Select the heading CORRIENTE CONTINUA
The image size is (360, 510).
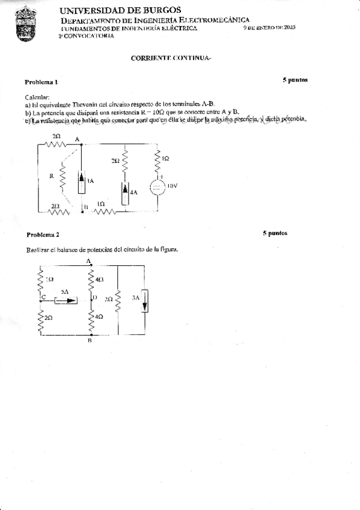[x=171, y=58]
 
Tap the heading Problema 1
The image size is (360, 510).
[x=41, y=81]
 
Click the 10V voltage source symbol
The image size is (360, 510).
[x=157, y=186]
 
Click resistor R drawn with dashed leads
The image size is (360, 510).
[x=62, y=176]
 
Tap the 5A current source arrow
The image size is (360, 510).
[x=66, y=301]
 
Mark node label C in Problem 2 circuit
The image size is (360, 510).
[x=37, y=296]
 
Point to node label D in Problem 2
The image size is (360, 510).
[x=94, y=297]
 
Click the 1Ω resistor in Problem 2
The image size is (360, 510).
[x=41, y=280]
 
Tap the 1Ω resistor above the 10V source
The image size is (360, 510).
[x=157, y=158]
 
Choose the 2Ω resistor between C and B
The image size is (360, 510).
[x=41, y=317]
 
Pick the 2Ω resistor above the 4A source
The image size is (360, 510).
[x=124, y=161]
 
